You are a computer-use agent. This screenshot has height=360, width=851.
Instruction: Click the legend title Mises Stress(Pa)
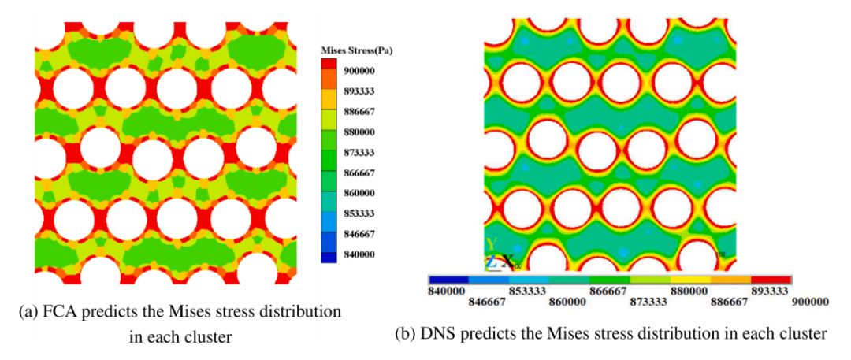point(357,50)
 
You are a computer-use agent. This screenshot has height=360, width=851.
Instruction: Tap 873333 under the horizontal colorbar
point(648,301)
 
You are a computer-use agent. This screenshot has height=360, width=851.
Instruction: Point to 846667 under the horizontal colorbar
point(486,301)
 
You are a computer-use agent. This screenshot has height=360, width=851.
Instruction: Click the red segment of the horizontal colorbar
point(771,280)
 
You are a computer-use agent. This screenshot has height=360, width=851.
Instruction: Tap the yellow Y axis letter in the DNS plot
point(492,244)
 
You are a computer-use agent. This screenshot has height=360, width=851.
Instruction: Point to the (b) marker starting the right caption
point(405,334)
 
